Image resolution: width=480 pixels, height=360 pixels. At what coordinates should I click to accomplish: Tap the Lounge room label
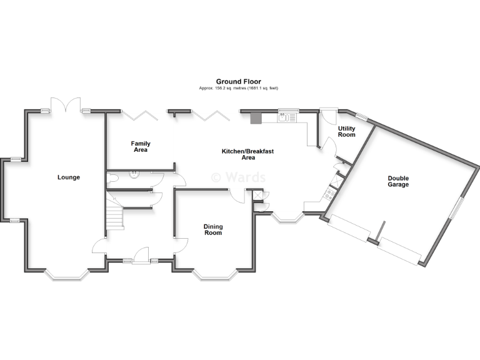tap(69, 177)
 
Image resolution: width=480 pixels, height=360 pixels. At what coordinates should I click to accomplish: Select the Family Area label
tap(140, 147)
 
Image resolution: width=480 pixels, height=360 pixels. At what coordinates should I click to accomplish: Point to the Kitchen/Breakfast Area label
tap(248, 154)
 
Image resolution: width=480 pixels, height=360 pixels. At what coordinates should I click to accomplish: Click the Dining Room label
tap(213, 230)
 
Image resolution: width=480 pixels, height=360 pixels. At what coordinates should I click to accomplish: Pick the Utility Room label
tap(346, 131)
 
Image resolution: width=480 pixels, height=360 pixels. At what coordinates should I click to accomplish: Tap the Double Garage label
tap(397, 181)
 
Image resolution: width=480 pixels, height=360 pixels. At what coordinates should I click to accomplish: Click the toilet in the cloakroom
tap(112, 178)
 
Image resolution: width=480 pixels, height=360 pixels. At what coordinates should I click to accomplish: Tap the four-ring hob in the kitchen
tap(327, 195)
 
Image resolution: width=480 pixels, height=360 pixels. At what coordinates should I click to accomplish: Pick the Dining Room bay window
tap(214, 274)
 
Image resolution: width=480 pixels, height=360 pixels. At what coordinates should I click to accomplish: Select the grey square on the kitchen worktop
tap(256, 118)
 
